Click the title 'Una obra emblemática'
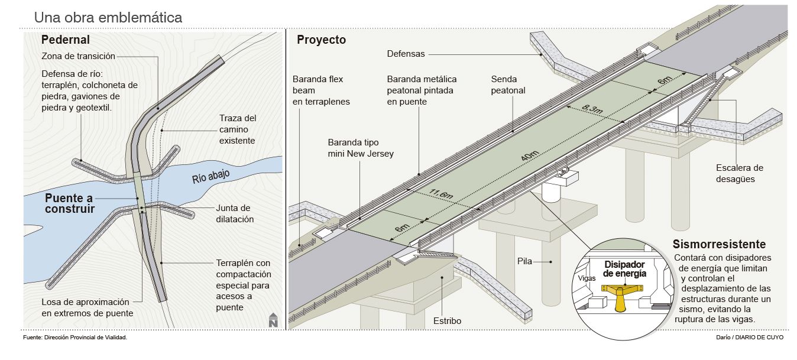point(108,17)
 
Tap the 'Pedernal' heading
point(66,40)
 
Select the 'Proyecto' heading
point(321,40)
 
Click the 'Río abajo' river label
point(211,176)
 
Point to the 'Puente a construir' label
point(70,203)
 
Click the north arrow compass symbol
point(273,320)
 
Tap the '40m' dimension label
point(530,155)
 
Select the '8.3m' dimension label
point(592,109)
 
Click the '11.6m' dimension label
point(441,193)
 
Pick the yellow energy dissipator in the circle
point(621,297)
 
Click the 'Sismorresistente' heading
point(719,244)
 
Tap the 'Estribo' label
point(447,321)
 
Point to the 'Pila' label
point(524,261)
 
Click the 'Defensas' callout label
point(406,54)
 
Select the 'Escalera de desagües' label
point(740,173)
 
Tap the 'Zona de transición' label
point(78,56)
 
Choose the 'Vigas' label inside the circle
point(587,278)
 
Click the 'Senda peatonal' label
point(508,85)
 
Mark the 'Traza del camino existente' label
point(237,129)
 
